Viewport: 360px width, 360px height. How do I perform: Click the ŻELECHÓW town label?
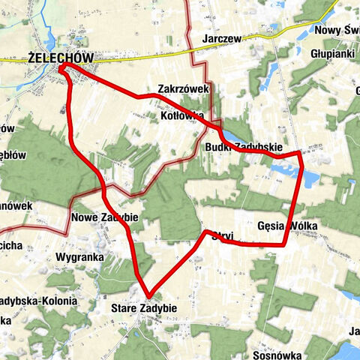[x=59, y=58]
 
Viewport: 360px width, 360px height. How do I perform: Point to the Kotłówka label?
[x=182, y=116]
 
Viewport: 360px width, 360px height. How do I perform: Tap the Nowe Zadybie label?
[x=105, y=217]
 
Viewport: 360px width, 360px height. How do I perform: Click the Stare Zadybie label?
[x=143, y=308]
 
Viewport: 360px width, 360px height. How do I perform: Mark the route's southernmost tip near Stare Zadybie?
[x=148, y=295]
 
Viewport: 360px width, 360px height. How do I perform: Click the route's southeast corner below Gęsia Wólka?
[x=285, y=244]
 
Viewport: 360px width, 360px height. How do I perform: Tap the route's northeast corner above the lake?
[x=300, y=154]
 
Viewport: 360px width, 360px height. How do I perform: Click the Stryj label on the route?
[x=222, y=236]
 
